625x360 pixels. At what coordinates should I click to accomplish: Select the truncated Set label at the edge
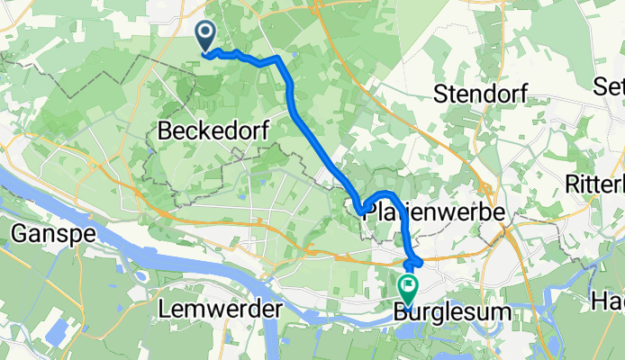click(610, 86)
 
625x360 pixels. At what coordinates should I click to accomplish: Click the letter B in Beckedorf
click(165, 130)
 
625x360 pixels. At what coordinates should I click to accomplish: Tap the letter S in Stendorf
click(441, 93)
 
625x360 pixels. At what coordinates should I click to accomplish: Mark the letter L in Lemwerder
click(162, 309)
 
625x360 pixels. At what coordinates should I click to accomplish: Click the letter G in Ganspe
click(21, 235)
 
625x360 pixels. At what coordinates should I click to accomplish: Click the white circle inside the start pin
click(205, 33)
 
